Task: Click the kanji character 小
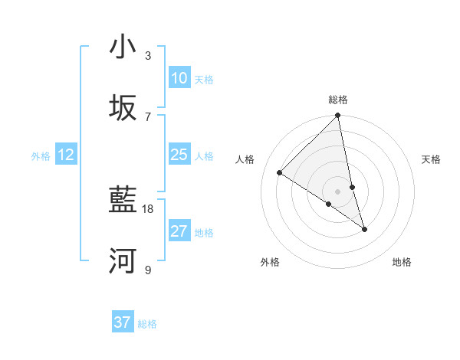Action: pyautogui.click(x=123, y=47)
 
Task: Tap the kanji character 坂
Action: pyautogui.click(x=123, y=108)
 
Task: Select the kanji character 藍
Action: pyautogui.click(x=123, y=201)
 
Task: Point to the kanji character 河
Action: pyautogui.click(x=123, y=261)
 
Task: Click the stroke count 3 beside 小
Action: pyautogui.click(x=148, y=55)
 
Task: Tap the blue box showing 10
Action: pyautogui.click(x=179, y=78)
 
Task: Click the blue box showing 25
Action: pyautogui.click(x=179, y=155)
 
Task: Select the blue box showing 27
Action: pyautogui.click(x=179, y=231)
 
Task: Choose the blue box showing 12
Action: pyautogui.click(x=66, y=155)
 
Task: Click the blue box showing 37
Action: pyautogui.click(x=123, y=322)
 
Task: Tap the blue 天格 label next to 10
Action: pyautogui.click(x=204, y=79)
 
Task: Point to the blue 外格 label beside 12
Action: pyautogui.click(x=41, y=155)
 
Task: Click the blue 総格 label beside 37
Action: pyautogui.click(x=147, y=323)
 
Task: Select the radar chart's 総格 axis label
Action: pyautogui.click(x=338, y=100)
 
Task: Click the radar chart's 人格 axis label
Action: pyautogui.click(x=245, y=159)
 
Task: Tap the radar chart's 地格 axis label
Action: pyautogui.click(x=402, y=262)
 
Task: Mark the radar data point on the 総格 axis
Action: pyautogui.click(x=338, y=116)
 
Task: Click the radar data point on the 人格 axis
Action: pyautogui.click(x=280, y=173)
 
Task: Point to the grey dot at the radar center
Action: pyautogui.click(x=338, y=191)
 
